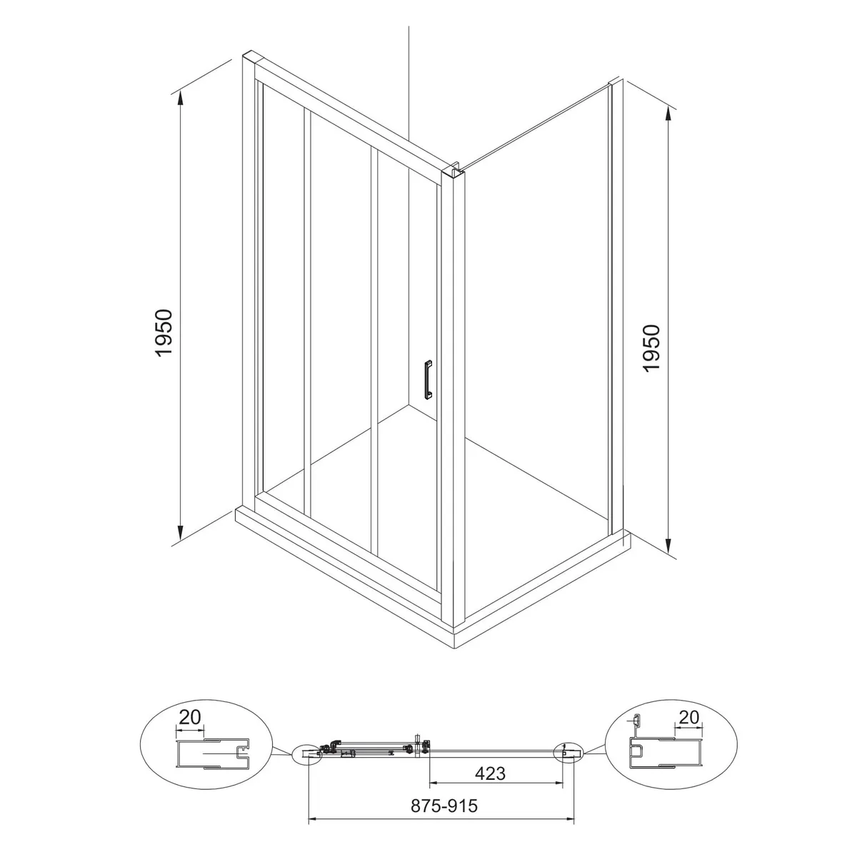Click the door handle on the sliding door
tap(428, 380)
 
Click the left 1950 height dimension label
tap(164, 333)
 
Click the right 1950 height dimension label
tap(652, 349)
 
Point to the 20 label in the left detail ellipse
tap(190, 717)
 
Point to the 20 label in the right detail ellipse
tap(689, 717)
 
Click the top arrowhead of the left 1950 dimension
tap(180, 98)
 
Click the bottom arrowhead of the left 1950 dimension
tap(180, 532)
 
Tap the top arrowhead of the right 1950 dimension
tap(668, 115)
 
